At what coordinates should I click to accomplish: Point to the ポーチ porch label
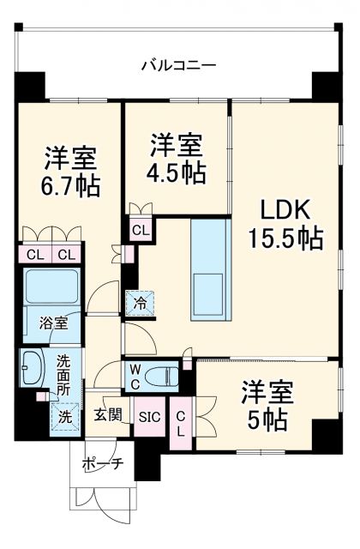[x=103, y=464]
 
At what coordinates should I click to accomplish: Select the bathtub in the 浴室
[x=51, y=284]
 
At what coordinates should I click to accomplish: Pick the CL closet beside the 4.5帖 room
[x=141, y=229]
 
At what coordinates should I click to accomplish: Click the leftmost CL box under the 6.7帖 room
[x=36, y=255]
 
